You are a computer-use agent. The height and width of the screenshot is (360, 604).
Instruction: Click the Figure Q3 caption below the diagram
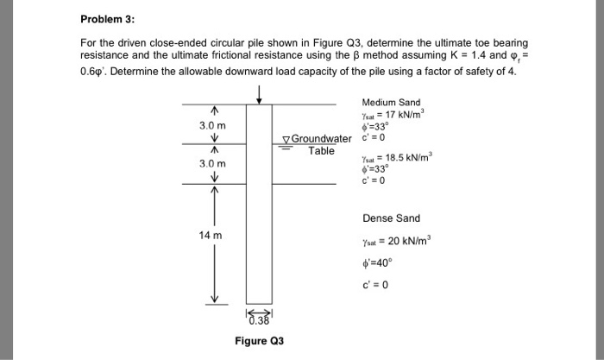[258, 339]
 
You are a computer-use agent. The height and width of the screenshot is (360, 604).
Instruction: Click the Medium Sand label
[391, 103]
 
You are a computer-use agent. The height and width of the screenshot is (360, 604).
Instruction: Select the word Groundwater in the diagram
[322, 140]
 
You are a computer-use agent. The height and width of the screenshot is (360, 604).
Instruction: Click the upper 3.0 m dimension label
[212, 125]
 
